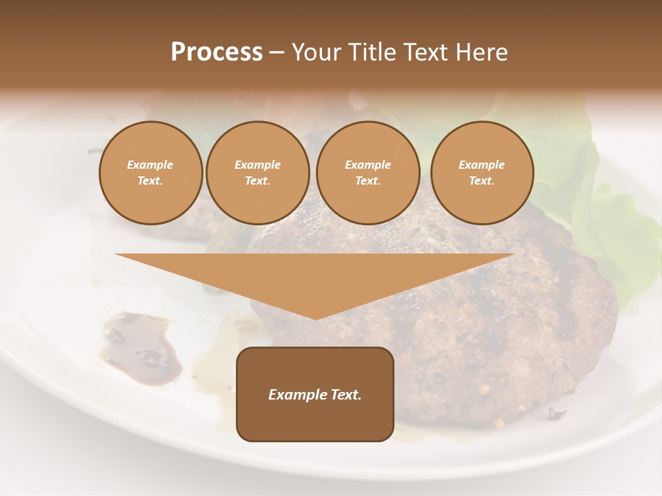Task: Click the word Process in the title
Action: [x=217, y=52]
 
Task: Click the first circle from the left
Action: [x=150, y=173]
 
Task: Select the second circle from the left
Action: [x=258, y=173]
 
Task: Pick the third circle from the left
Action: [x=368, y=173]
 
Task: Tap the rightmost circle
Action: [x=482, y=173]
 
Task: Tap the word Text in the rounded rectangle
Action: [x=346, y=395]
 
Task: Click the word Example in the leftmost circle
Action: [x=150, y=165]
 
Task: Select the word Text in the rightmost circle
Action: [x=481, y=181]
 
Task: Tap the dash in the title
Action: [x=277, y=53]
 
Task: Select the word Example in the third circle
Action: [x=368, y=165]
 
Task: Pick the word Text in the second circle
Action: [x=257, y=181]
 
